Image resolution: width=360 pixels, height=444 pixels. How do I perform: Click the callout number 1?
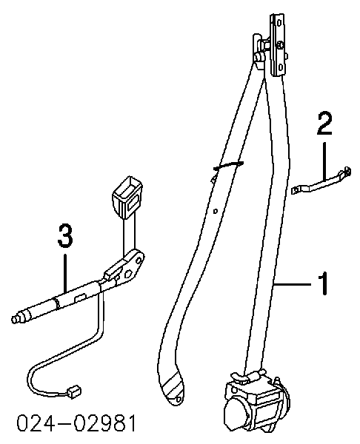click(x=324, y=283)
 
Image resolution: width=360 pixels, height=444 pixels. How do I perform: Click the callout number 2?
click(x=324, y=124)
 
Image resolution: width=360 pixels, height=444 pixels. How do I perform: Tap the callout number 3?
click(x=65, y=235)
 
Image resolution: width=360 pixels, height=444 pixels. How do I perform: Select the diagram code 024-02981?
click(x=76, y=424)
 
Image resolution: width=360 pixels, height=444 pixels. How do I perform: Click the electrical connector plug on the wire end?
click(x=73, y=392)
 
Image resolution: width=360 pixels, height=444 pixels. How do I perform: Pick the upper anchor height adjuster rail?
click(x=277, y=45)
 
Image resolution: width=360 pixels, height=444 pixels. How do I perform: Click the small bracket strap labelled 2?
click(x=321, y=181)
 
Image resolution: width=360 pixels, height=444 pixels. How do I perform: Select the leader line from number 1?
click(x=292, y=283)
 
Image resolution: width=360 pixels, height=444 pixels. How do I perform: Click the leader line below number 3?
click(x=65, y=272)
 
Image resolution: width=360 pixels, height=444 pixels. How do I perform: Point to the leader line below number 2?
click(x=324, y=160)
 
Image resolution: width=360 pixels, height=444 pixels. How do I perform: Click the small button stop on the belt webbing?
click(x=216, y=211)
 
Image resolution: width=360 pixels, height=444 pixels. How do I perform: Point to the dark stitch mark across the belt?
click(x=228, y=165)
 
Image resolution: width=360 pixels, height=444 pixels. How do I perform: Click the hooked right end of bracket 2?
click(x=347, y=171)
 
